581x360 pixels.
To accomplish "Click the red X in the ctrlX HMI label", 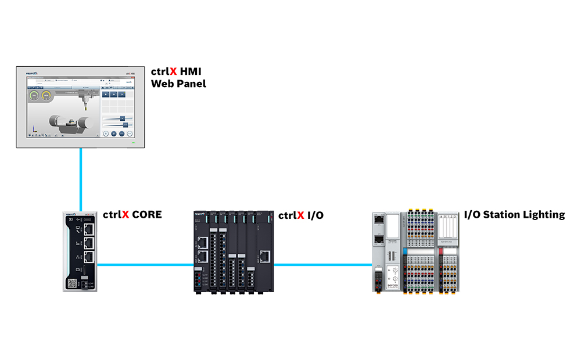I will [x=173, y=73].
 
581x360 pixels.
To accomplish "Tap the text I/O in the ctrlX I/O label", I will [x=315, y=215].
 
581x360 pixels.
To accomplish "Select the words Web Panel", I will [x=178, y=84].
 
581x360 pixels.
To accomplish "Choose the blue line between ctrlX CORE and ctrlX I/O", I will [x=145, y=265].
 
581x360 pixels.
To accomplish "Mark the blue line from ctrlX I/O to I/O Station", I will [x=322, y=265].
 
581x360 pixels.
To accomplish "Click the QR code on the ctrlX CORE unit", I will [x=72, y=283].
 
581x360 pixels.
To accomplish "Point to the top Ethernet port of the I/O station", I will [x=378, y=219].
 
